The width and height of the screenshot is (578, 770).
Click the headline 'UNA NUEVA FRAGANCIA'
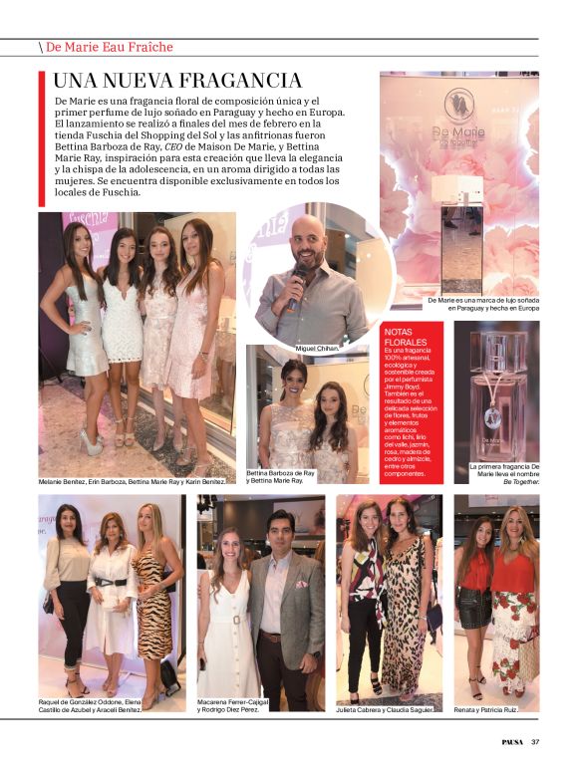[x=177, y=81]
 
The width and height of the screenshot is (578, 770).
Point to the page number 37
[x=535, y=741]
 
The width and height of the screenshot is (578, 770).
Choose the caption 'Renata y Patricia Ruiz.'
[x=495, y=708]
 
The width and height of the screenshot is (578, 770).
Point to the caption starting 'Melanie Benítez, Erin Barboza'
[x=131, y=482]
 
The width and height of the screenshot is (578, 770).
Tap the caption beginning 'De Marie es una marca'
[x=483, y=304]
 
